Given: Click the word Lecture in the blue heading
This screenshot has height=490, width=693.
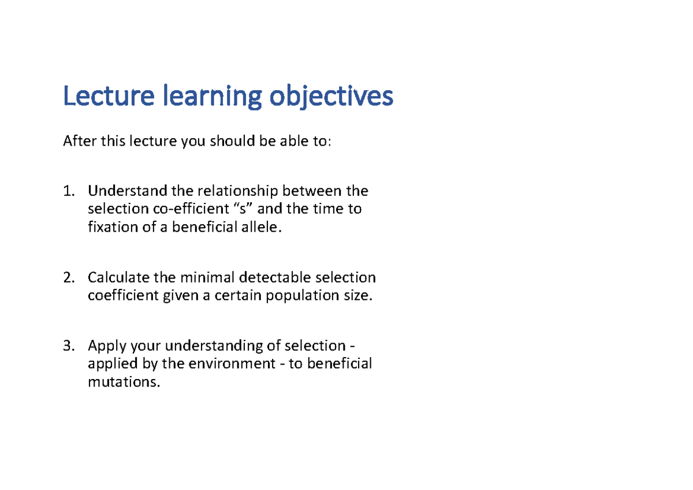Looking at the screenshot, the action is click(109, 96).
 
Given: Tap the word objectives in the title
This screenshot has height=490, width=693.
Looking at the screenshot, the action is click(331, 97).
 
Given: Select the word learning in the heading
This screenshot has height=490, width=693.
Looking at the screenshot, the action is click(213, 97).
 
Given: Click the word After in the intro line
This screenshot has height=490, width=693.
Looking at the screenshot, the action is click(80, 141).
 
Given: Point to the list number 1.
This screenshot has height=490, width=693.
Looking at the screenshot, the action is click(69, 191).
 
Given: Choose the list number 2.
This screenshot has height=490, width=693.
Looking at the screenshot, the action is click(69, 277).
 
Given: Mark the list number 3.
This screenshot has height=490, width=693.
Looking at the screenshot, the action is click(69, 346).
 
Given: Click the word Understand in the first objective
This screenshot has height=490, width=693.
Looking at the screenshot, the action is click(128, 191).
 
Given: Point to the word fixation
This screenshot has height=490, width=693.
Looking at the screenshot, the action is click(113, 227).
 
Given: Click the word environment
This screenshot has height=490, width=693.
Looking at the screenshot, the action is click(232, 363).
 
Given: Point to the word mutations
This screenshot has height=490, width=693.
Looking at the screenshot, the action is click(124, 382).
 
